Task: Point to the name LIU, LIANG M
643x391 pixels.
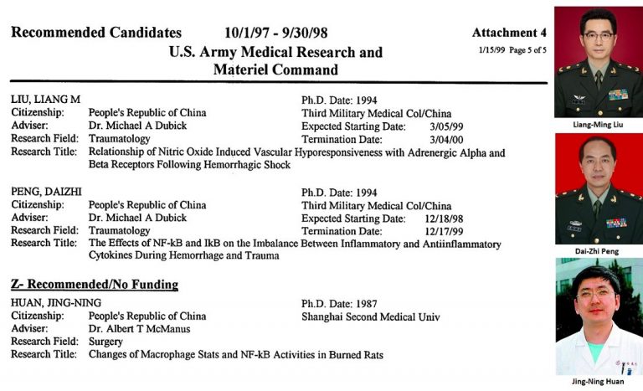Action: pos(45,99)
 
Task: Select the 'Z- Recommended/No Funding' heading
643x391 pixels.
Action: pos(95,285)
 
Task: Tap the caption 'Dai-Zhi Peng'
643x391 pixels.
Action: pos(598,250)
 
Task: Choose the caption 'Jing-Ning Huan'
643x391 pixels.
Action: pos(598,382)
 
